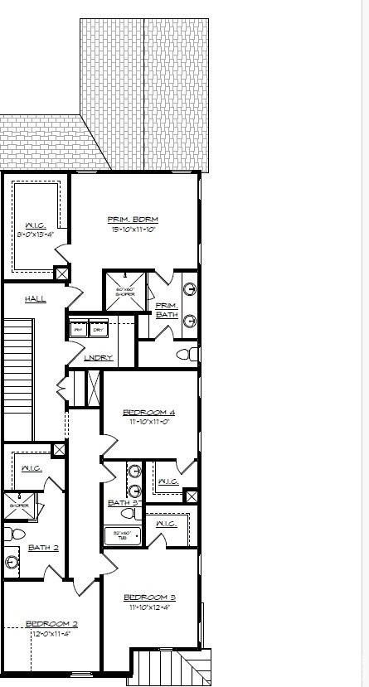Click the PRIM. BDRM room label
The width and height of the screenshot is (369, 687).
pyautogui.click(x=133, y=220)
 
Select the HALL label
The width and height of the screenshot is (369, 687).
pyautogui.click(x=35, y=298)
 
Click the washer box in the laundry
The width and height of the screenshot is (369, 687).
pyautogui.click(x=79, y=329)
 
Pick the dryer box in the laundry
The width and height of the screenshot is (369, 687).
pyautogui.click(x=99, y=329)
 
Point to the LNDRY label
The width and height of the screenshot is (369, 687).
pyautogui.click(x=99, y=358)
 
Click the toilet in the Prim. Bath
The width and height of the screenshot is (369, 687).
pyautogui.click(x=188, y=355)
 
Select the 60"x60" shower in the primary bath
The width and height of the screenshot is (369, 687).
pyautogui.click(x=125, y=291)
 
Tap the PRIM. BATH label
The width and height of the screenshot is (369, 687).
pyautogui.click(x=167, y=310)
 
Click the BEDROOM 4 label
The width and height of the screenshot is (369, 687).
pyautogui.click(x=148, y=412)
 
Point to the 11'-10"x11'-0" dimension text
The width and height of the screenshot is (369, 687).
pyautogui.click(x=148, y=422)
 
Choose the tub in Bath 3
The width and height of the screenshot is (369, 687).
pyautogui.click(x=124, y=535)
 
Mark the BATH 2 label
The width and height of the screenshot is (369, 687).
pyautogui.click(x=43, y=547)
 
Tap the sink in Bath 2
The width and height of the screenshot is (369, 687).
pyautogui.click(x=12, y=563)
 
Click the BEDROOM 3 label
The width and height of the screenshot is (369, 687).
pyautogui.click(x=149, y=597)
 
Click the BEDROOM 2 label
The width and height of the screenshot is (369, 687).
pyautogui.click(x=51, y=624)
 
